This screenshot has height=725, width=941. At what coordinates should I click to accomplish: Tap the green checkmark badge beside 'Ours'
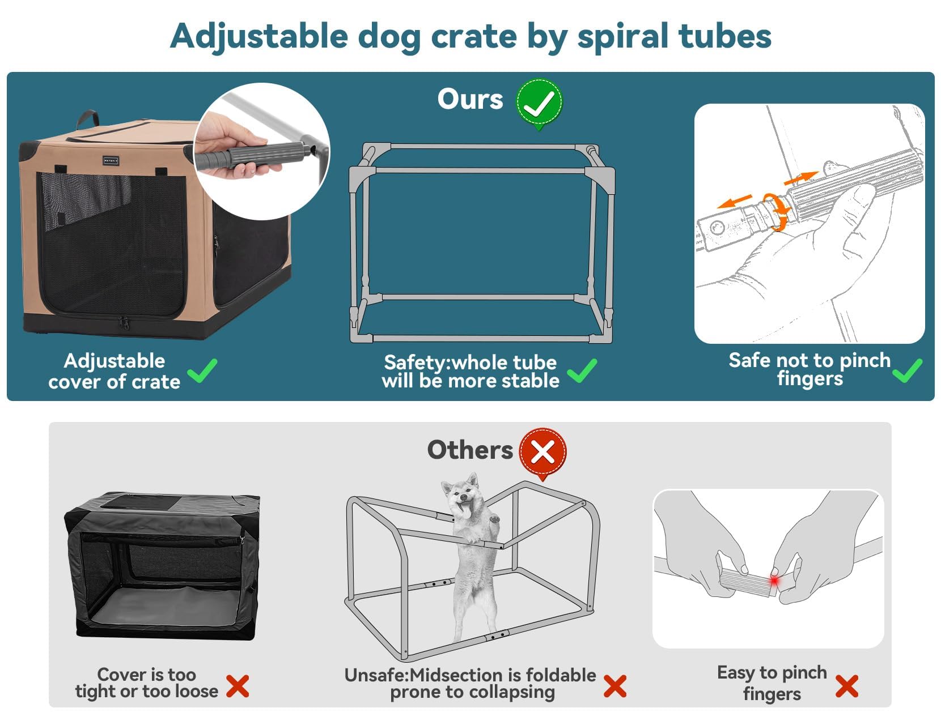[539, 103]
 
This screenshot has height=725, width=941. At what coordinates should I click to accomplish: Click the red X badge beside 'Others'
[542, 452]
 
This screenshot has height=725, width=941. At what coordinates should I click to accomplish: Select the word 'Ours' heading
[470, 99]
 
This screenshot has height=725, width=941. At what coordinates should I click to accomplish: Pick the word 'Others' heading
[469, 450]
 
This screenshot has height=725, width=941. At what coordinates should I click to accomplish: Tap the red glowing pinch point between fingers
[774, 581]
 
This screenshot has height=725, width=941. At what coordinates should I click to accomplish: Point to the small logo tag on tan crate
[111, 161]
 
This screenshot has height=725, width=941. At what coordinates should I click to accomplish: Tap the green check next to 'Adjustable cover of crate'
[202, 371]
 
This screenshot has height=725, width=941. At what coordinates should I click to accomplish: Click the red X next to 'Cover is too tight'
[238, 686]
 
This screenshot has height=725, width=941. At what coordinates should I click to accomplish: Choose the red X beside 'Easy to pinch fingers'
[846, 686]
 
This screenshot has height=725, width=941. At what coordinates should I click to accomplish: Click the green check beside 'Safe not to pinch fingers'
[907, 371]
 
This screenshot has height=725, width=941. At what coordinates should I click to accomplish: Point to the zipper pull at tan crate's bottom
[123, 323]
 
